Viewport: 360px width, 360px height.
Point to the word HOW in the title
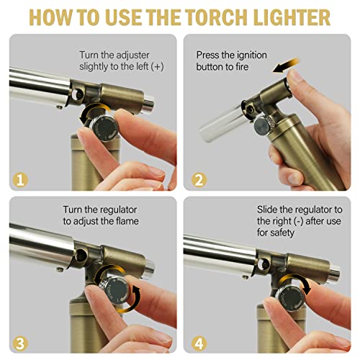54,17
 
